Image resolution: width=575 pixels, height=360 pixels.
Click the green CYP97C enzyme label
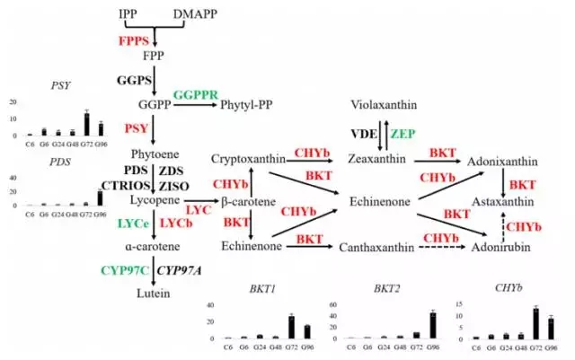126,268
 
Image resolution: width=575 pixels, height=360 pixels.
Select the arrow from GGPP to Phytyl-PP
195,105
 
